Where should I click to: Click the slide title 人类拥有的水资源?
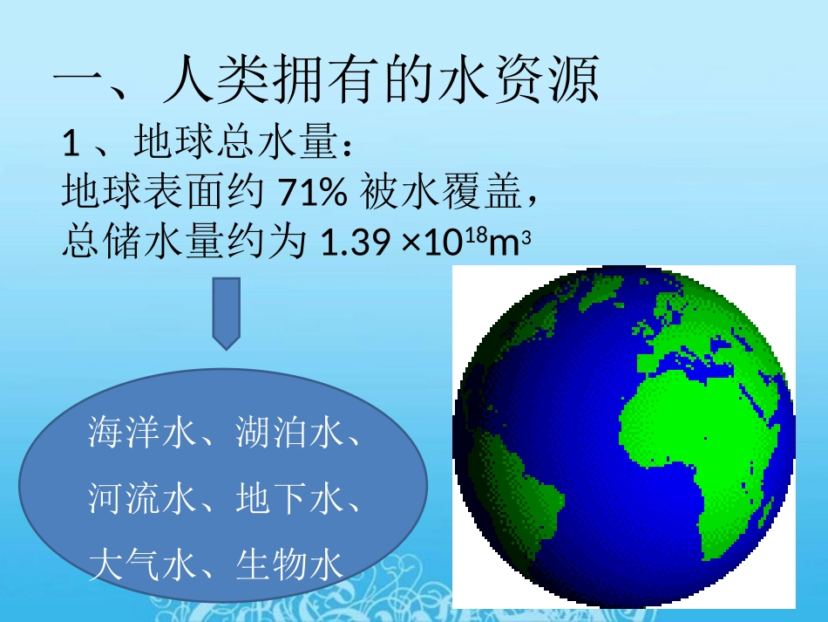[x=382, y=82]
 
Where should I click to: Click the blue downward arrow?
[x=227, y=313]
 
